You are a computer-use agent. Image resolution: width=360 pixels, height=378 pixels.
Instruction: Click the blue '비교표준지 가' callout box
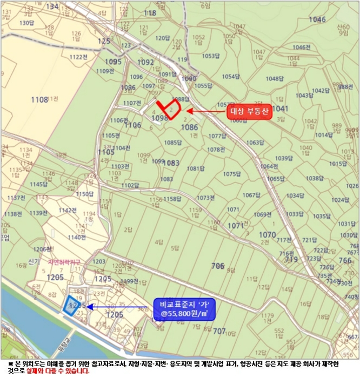(x=184, y=308)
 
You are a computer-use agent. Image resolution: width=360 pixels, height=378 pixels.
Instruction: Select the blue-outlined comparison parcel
(x=70, y=306)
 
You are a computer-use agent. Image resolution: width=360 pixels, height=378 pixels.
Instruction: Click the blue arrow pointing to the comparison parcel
(x=119, y=306)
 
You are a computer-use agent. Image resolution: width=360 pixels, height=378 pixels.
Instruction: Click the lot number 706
(x=217, y=266)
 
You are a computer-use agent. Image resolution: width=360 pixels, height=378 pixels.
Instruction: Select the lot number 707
(x=219, y=330)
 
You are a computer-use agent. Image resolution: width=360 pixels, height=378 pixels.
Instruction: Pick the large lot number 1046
(x=317, y=20)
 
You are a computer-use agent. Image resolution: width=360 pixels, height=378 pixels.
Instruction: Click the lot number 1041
(x=281, y=109)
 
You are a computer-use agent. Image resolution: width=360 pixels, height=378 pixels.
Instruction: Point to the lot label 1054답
(x=231, y=77)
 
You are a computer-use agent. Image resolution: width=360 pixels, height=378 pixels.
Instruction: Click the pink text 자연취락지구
(x=64, y=262)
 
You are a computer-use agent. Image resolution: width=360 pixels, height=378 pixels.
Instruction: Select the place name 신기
(x=34, y=261)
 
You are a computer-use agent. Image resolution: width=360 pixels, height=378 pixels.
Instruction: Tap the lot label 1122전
(x=78, y=57)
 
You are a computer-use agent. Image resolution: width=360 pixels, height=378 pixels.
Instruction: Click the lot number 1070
(x=267, y=235)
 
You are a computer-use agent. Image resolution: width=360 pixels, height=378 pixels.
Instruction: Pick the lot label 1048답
(x=275, y=79)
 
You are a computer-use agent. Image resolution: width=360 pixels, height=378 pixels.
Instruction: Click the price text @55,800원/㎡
(x=184, y=313)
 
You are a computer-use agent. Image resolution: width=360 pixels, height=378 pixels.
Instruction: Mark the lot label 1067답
(x=251, y=195)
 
